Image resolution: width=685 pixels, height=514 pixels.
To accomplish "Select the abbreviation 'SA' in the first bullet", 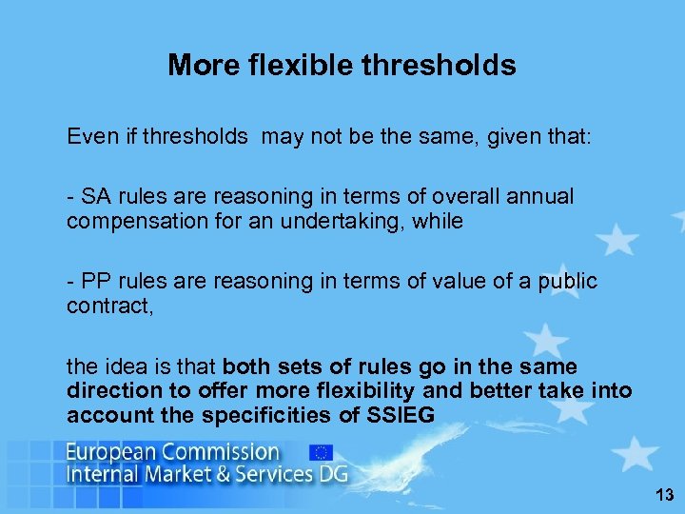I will click(95, 196).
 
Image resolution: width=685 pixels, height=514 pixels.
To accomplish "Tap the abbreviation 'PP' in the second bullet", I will click(95, 281).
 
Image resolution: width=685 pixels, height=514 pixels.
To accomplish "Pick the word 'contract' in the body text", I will click(102, 306).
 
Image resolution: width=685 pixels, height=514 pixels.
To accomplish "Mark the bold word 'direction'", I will click(110, 390).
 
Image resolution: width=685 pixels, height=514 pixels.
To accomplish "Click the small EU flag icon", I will click(321, 452).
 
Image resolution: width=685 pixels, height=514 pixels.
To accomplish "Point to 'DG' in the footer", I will click(332, 474).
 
